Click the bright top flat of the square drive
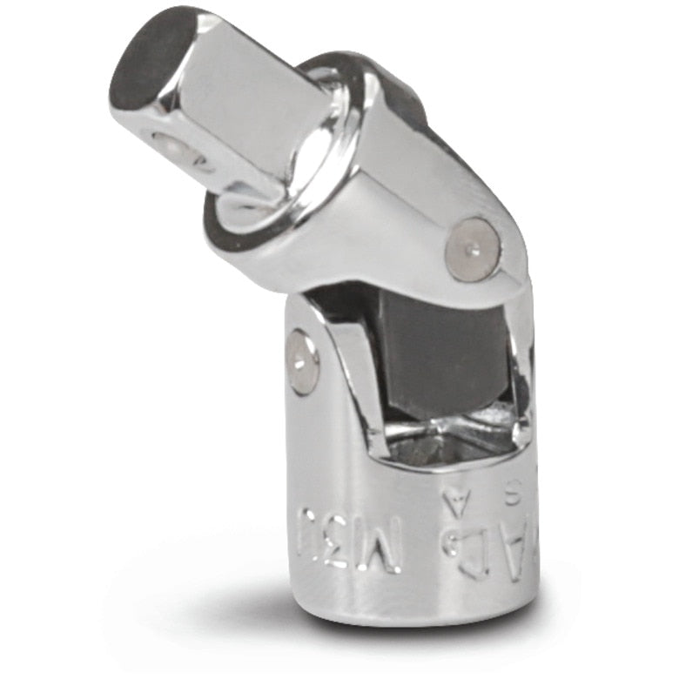point(244,87)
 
